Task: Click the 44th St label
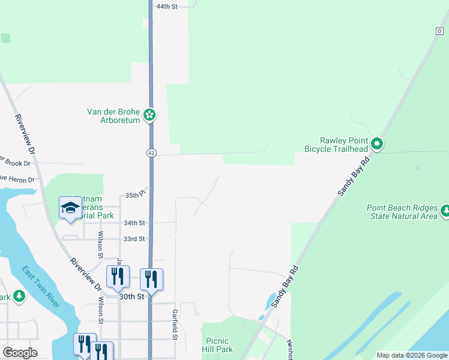point(167,6)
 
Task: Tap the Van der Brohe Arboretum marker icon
point(150,115)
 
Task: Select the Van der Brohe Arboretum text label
point(114,115)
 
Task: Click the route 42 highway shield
point(151,154)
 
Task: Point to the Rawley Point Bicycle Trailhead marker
point(377,143)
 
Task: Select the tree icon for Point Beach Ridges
point(445,211)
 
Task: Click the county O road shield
point(439,31)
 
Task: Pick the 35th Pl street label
point(136,195)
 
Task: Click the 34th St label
point(134,223)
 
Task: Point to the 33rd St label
point(134,239)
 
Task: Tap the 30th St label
point(131,296)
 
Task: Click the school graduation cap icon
point(70,208)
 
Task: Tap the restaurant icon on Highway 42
point(151,279)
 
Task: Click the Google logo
point(20,353)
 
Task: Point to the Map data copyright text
point(412,355)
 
